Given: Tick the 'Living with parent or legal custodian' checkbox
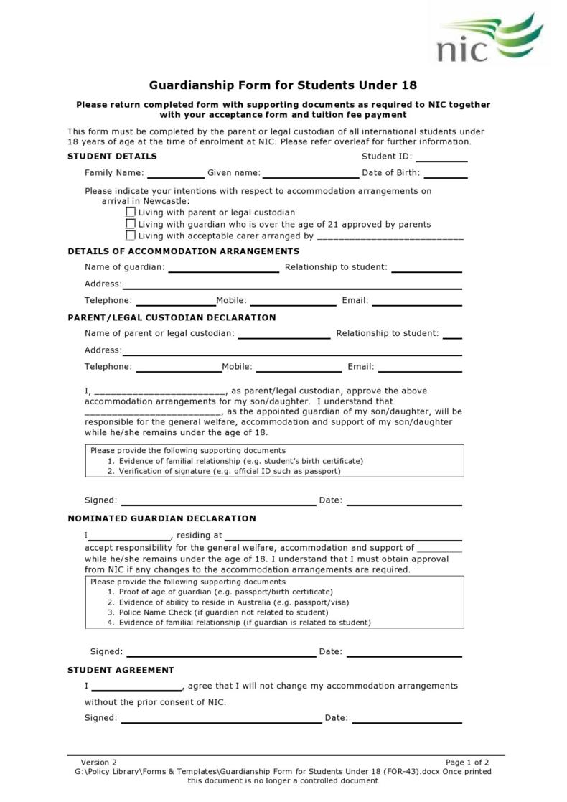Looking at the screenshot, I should pyautogui.click(x=131, y=213).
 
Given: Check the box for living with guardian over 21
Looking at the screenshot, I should pyautogui.click(x=131, y=224).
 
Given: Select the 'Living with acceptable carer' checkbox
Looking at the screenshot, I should pyautogui.click(x=131, y=235).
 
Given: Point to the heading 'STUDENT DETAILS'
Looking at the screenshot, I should pyautogui.click(x=112, y=157).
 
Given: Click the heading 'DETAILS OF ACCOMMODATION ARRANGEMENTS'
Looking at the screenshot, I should pyautogui.click(x=183, y=251).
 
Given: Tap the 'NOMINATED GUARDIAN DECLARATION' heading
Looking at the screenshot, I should pyautogui.click(x=161, y=518).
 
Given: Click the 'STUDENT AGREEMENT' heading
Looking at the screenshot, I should pyautogui.click(x=121, y=670).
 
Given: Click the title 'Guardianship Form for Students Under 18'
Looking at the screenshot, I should pyautogui.click(x=283, y=85).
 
